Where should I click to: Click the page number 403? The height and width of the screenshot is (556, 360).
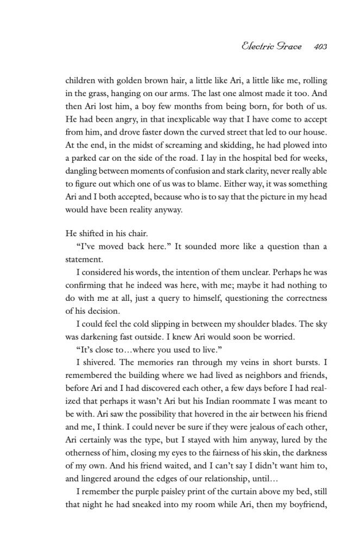(x=320, y=47)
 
